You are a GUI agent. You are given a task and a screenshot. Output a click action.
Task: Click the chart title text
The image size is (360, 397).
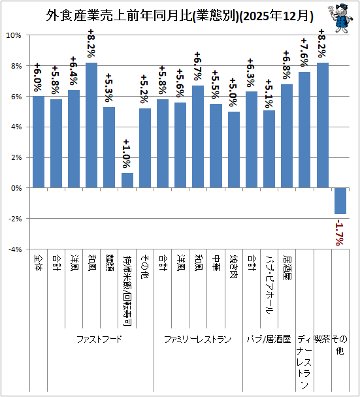(180, 16)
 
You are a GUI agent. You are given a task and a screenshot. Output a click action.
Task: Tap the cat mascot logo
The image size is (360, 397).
(341, 18)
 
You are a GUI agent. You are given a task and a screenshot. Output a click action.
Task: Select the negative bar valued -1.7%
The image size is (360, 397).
(340, 200)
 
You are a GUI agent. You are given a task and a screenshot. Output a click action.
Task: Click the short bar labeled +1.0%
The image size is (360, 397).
(127, 180)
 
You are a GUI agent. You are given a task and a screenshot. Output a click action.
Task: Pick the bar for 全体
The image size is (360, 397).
(39, 142)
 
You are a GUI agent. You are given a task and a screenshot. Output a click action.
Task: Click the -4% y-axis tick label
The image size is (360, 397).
(15, 249)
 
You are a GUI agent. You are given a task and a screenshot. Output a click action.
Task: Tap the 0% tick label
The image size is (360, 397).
(16, 188)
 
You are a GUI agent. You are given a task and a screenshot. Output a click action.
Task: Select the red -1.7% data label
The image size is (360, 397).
(340, 232)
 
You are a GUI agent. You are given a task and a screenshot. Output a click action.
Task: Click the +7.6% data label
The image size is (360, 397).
(304, 52)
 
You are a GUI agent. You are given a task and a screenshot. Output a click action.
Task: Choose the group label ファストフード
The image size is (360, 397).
(99, 339)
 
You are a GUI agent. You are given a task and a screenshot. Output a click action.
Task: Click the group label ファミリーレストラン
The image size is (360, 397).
(197, 339)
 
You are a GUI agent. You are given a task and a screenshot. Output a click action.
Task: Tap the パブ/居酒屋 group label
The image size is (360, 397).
(269, 339)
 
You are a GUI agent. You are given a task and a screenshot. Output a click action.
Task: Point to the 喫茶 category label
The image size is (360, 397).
(322, 339)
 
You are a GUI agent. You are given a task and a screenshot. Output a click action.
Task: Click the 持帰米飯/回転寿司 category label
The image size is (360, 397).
(127, 291)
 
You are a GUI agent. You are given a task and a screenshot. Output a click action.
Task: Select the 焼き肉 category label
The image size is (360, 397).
(234, 266)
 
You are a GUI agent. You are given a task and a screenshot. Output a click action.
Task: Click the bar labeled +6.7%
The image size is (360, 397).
(198, 136)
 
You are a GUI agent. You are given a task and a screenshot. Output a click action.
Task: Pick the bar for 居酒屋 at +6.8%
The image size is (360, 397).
(287, 136)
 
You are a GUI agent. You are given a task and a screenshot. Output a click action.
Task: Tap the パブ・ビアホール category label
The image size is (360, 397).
(269, 285)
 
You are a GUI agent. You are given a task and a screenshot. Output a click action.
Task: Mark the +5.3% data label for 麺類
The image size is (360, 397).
(109, 87)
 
